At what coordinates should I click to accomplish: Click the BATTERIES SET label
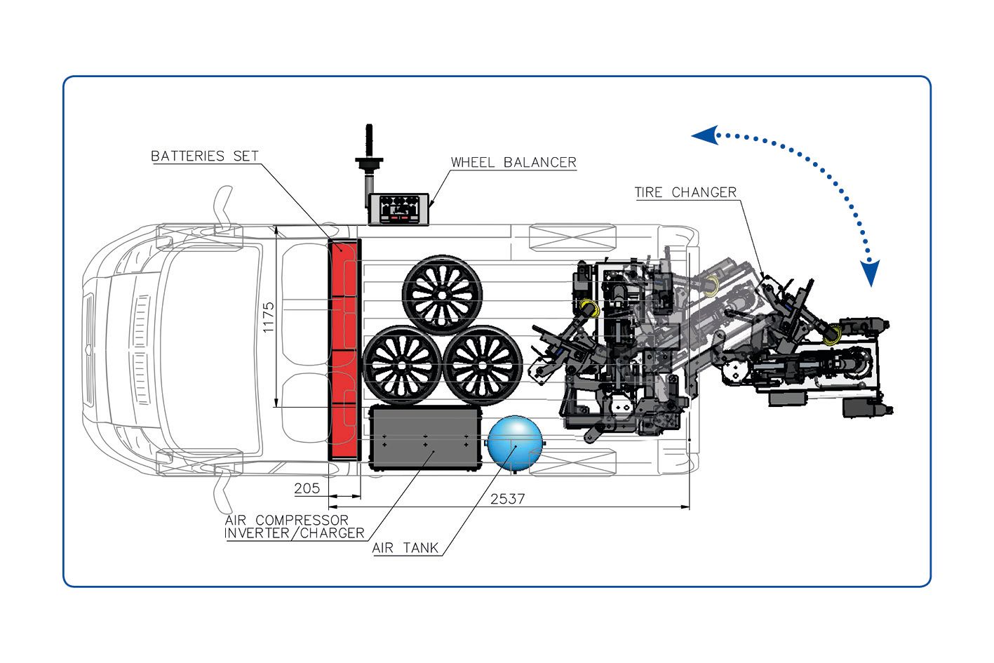(x=205, y=156)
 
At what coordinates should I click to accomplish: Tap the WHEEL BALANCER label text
(x=513, y=162)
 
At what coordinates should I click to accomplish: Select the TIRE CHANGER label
(x=685, y=192)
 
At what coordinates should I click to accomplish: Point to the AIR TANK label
(x=405, y=548)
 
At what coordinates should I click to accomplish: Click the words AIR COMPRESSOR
(x=287, y=520)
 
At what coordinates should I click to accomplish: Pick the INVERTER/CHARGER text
(x=295, y=533)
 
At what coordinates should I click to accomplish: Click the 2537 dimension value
(x=507, y=498)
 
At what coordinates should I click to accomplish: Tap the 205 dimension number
(x=307, y=488)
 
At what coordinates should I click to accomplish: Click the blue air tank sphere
(x=515, y=443)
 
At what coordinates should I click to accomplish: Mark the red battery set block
(x=344, y=349)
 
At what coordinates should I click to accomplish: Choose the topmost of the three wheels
(x=441, y=294)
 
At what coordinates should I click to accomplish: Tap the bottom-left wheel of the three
(x=402, y=365)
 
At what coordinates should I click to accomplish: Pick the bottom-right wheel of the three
(x=483, y=365)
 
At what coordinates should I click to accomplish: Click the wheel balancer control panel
(x=397, y=209)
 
